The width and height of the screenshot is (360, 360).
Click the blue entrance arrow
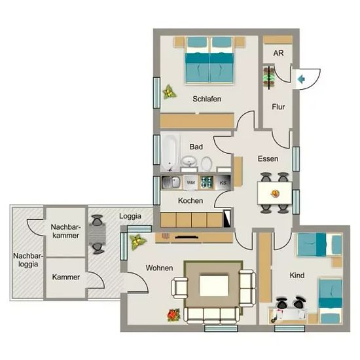tap(301, 79)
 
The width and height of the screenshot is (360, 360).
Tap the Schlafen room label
tap(207, 99)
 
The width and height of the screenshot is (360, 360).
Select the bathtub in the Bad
tap(170, 153)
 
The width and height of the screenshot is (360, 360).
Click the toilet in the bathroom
tap(206, 164)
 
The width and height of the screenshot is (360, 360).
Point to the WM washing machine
tap(190, 183)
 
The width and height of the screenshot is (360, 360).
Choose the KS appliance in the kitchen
tap(223, 183)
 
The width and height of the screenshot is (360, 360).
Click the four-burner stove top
tap(206, 182)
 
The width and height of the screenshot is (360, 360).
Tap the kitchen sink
tap(171, 183)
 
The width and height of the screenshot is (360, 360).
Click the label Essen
tap(268, 158)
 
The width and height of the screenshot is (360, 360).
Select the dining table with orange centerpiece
tap(275, 193)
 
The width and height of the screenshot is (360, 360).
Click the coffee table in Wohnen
tap(214, 285)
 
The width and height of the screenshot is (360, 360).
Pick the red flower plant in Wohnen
tap(174, 315)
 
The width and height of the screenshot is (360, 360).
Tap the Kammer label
tap(66, 277)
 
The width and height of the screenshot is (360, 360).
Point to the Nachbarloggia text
tap(28, 260)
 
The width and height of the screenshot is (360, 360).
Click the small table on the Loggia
tap(97, 234)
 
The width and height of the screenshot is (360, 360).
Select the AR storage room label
tap(278, 53)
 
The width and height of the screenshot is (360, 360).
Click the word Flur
tap(278, 107)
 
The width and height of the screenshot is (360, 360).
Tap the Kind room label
tap(297, 275)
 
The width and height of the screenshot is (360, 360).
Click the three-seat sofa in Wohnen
tap(211, 315)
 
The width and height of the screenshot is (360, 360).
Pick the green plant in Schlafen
tap(170, 92)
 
